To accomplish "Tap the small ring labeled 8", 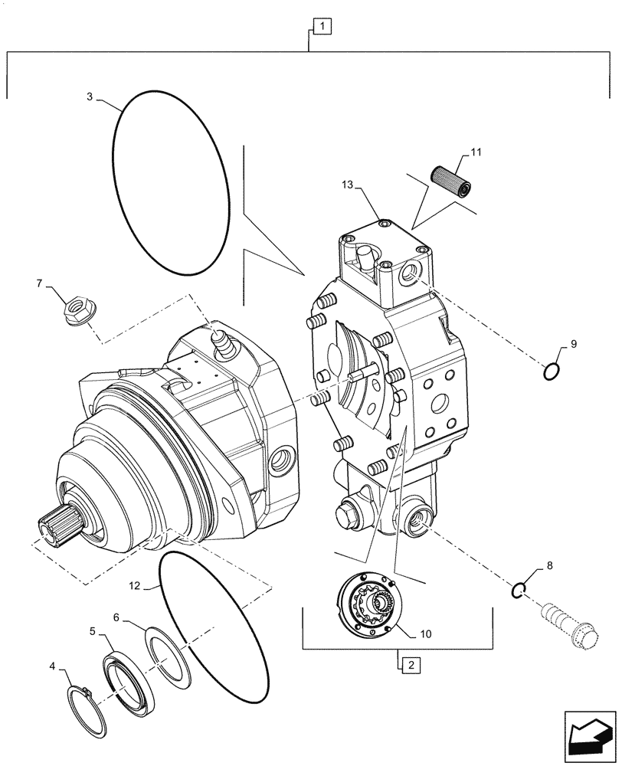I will (x=519, y=589).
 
